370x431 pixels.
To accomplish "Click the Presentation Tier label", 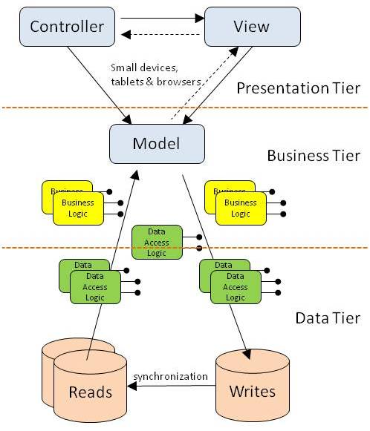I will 297,90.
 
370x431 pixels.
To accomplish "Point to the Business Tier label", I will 313,156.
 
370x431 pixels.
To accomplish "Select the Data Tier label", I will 328,318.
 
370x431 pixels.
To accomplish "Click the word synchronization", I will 170,376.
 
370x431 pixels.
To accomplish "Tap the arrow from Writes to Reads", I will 170,386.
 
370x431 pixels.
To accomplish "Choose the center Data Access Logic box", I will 156,242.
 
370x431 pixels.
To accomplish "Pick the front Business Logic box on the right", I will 240,208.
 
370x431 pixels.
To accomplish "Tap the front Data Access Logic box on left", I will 94,287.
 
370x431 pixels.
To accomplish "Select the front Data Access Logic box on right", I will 235,287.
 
